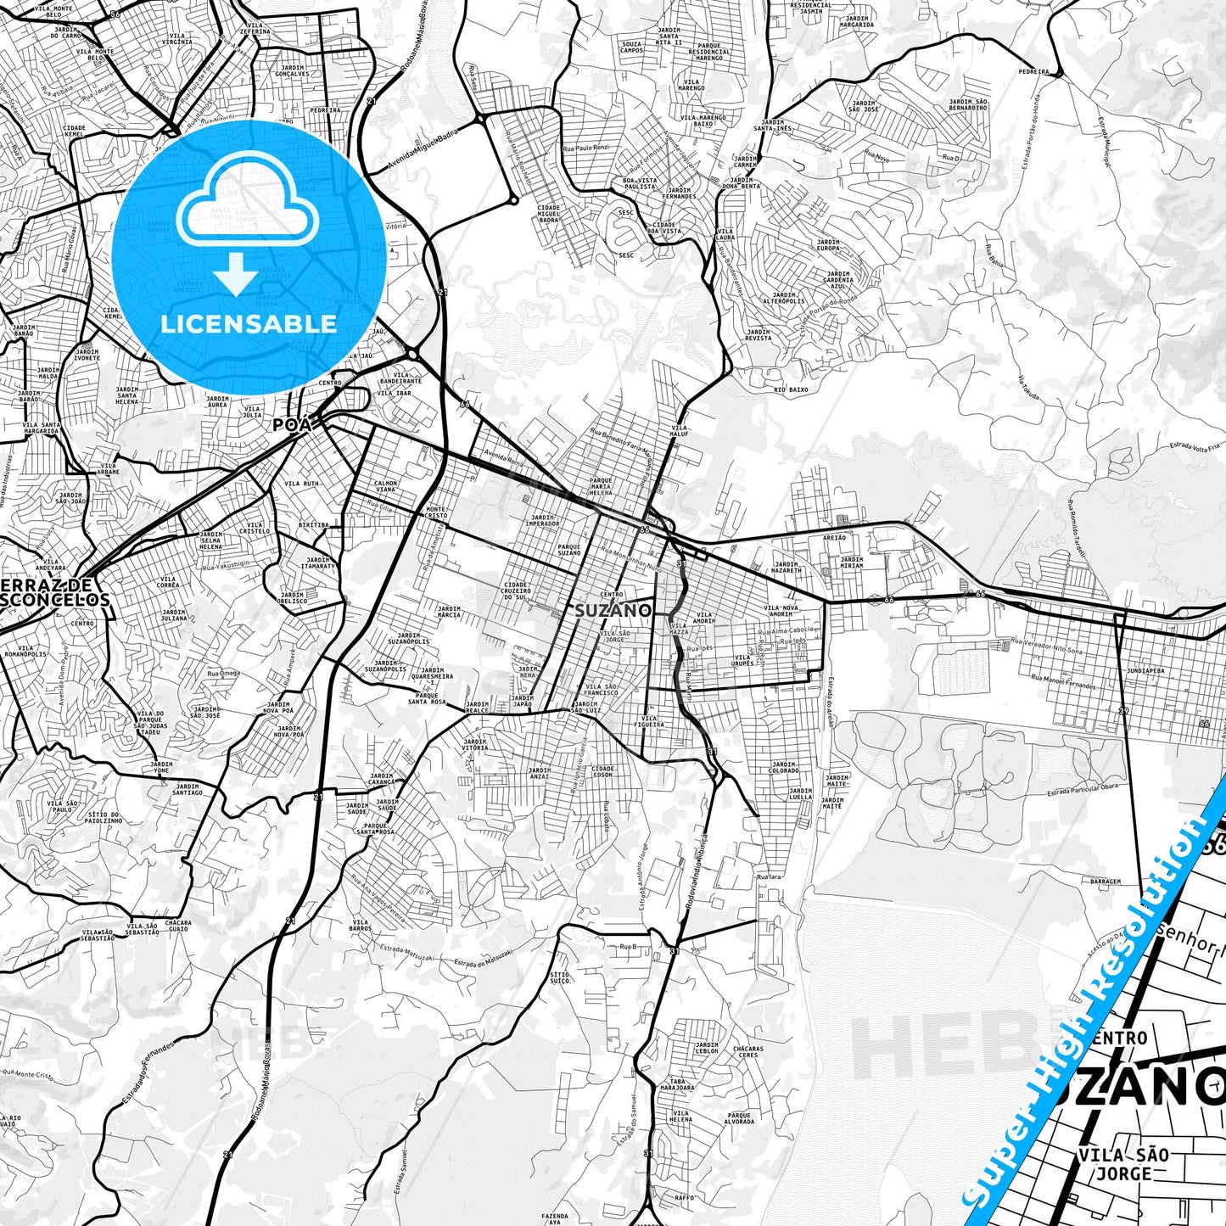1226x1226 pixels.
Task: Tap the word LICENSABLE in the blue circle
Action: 249,323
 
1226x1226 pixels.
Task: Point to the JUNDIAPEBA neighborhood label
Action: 1146,670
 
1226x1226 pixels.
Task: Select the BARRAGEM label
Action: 1105,882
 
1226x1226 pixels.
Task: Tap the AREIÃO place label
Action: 834,537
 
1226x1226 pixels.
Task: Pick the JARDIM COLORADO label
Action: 783,768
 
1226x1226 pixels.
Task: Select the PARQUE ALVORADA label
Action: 740,1119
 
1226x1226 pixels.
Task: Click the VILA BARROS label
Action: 360,926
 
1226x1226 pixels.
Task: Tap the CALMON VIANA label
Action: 385,486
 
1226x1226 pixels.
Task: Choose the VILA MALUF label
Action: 680,431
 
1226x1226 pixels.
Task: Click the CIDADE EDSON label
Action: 603,771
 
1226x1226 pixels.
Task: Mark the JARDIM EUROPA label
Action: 827,246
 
